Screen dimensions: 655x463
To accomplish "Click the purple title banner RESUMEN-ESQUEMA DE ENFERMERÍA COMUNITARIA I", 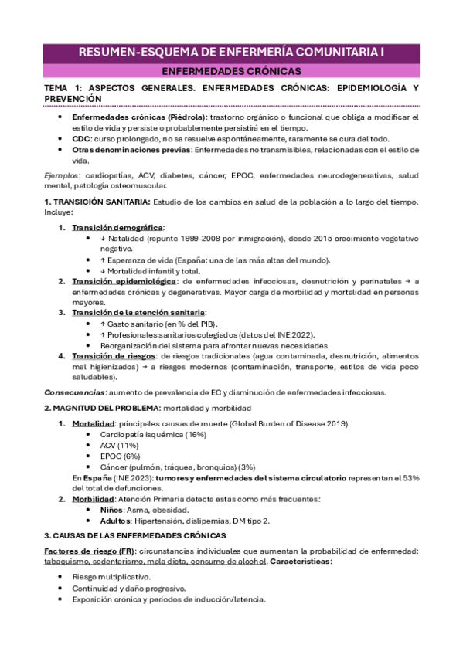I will click(x=231, y=53).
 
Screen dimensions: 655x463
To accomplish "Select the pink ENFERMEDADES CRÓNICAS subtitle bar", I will click(x=231, y=71).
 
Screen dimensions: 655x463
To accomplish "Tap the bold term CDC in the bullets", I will click(x=81, y=137).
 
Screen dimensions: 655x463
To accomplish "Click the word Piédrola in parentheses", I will click(x=178, y=117).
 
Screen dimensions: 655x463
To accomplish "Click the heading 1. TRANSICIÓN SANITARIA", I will click(x=97, y=202).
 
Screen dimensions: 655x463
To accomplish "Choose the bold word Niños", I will click(x=113, y=511).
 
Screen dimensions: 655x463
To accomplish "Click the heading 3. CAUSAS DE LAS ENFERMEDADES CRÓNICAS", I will click(x=134, y=535).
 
